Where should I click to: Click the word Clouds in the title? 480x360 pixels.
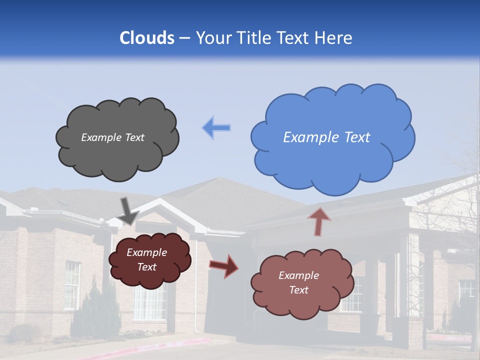pyautogui.click(x=147, y=38)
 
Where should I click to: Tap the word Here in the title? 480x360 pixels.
pyautogui.click(x=334, y=38)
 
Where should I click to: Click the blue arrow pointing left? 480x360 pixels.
pyautogui.click(x=216, y=127)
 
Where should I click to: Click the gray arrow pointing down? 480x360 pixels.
pyautogui.click(x=128, y=211)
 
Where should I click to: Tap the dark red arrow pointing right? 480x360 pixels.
pyautogui.click(x=224, y=265)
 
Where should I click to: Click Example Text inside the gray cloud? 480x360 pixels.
pyautogui.click(x=112, y=137)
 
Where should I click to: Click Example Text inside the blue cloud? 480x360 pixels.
pyautogui.click(x=326, y=137)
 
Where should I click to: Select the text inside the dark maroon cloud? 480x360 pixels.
pyautogui.click(x=147, y=260)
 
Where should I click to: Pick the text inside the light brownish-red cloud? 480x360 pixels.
pyautogui.click(x=298, y=283)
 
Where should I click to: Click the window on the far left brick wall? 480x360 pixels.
pyautogui.click(x=72, y=285)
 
